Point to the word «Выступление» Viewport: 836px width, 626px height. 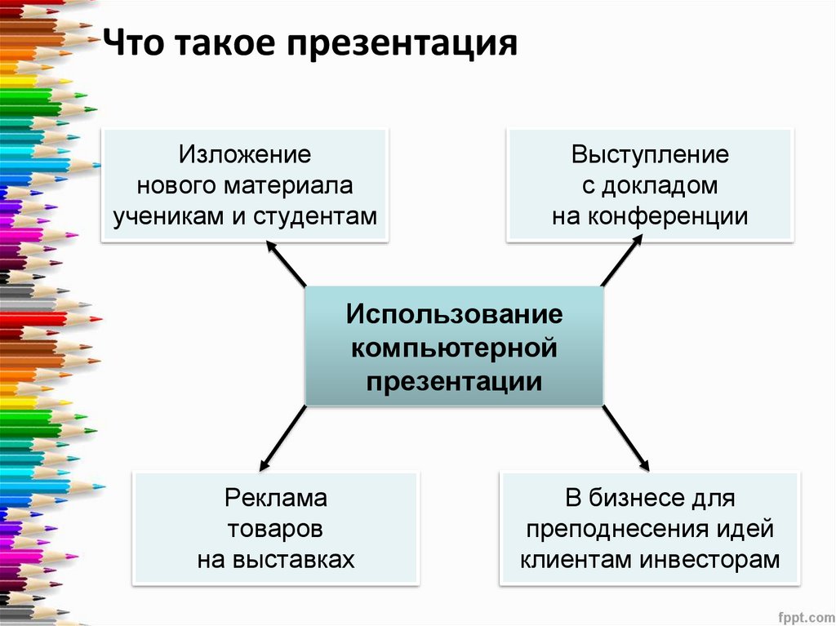[650, 154]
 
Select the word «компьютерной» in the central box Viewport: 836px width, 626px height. [454, 348]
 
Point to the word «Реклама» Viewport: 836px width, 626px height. [276, 497]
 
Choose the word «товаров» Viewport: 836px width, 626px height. [276, 528]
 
